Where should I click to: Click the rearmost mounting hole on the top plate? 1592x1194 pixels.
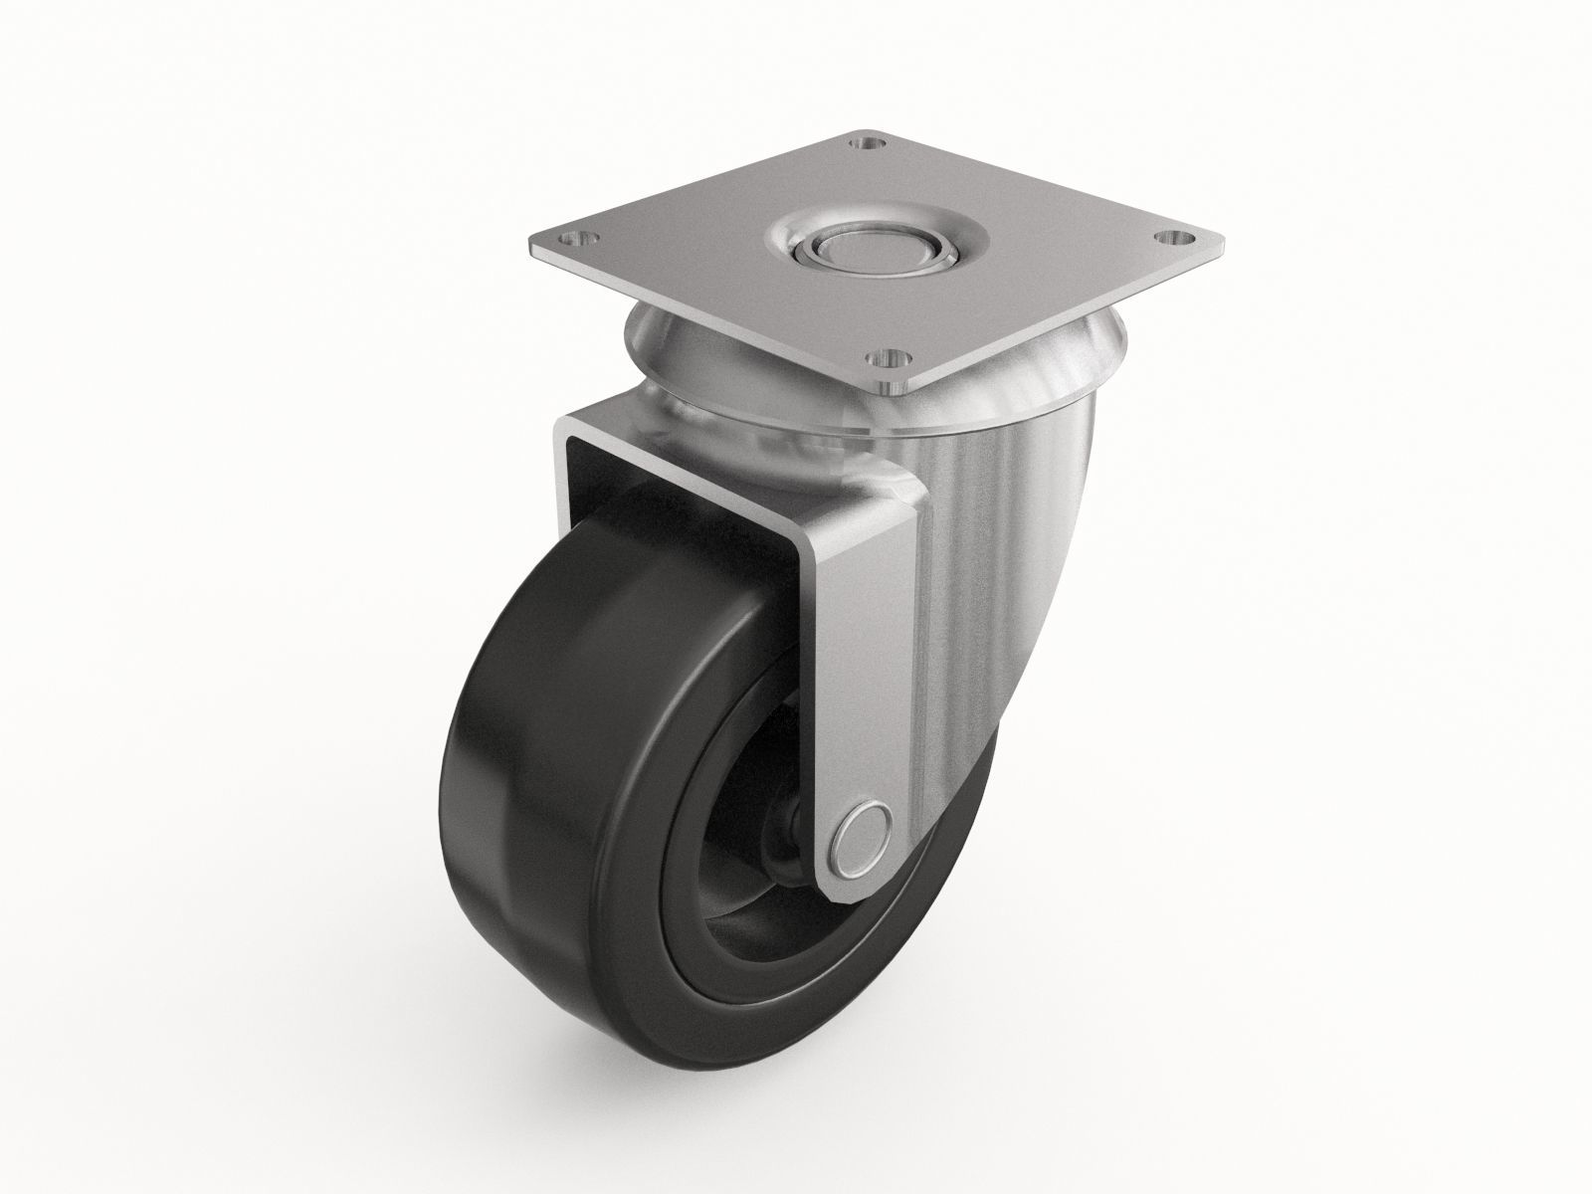tap(870, 146)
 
